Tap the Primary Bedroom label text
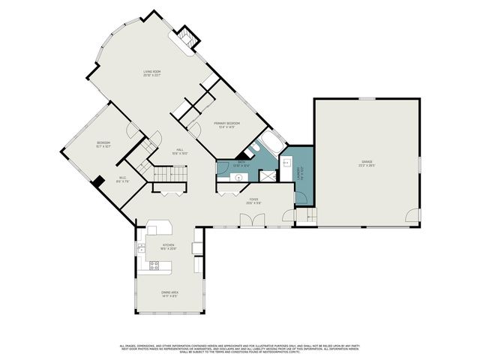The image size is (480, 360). click(226, 124)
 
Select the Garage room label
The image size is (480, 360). click(366, 162)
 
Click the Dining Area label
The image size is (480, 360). click(169, 293)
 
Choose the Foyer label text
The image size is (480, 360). click(253, 200)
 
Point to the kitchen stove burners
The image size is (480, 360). click(155, 264)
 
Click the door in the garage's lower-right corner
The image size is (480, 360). click(412, 216)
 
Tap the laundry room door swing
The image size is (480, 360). click(301, 198)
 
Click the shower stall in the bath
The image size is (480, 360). click(267, 175)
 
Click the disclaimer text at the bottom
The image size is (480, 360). click(240, 348)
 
